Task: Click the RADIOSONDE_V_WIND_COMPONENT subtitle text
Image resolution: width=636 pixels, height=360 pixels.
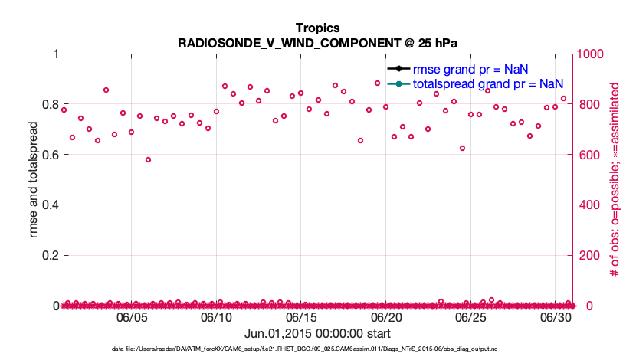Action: [317, 41]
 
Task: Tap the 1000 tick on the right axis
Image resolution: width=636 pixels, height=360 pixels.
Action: [594, 54]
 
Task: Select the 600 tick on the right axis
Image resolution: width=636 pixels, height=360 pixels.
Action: [590, 155]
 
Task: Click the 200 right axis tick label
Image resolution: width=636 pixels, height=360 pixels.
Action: [590, 255]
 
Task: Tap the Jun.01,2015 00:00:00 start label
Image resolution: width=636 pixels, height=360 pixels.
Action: [317, 334]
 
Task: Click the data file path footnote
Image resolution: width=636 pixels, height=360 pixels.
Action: [317, 349]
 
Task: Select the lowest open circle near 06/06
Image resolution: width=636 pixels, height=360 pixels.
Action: [148, 160]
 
